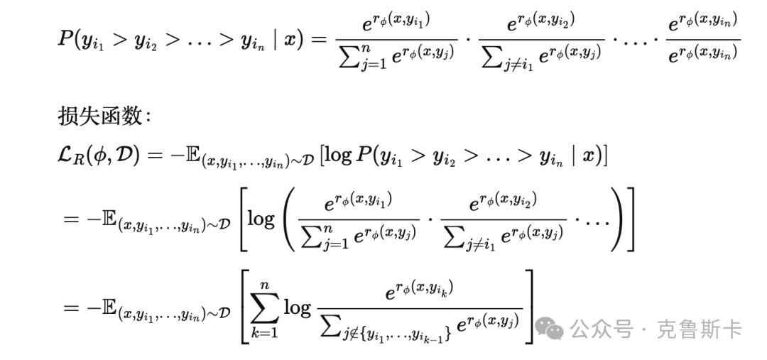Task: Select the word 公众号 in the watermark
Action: click(602, 329)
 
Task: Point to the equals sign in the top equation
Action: click(315, 40)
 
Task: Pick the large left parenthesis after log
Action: click(287, 219)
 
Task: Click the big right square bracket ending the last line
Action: click(529, 307)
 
